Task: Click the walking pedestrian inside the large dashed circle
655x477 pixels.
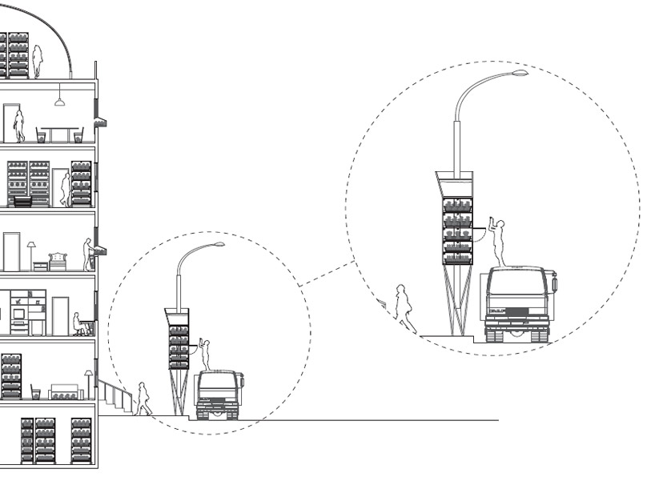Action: click(x=404, y=308)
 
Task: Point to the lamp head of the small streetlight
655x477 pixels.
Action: click(x=219, y=244)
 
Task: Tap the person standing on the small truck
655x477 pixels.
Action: click(x=205, y=354)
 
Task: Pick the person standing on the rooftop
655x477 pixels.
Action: click(x=37, y=62)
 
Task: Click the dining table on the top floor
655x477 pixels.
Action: click(x=59, y=130)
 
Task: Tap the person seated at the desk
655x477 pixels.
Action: click(x=78, y=323)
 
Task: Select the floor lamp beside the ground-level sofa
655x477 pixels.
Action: click(x=87, y=383)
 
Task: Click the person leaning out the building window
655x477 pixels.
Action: click(x=88, y=253)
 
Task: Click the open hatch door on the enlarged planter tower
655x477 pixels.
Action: click(x=479, y=234)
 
